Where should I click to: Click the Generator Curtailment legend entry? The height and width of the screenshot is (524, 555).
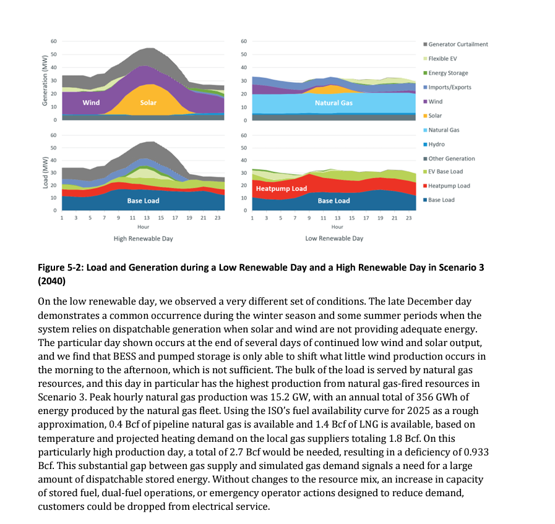point(458,44)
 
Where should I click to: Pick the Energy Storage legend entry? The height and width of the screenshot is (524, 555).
point(448,73)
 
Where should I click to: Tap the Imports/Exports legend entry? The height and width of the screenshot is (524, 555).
point(449,87)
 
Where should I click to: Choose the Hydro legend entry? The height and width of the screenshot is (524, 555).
point(437,144)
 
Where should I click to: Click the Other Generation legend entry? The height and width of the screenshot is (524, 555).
point(451,159)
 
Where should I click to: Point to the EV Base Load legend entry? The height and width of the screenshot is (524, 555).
point(445,172)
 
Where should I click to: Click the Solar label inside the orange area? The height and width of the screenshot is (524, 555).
point(148,103)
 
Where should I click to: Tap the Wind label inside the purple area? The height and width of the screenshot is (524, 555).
point(91,103)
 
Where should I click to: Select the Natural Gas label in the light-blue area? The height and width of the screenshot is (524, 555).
point(333,103)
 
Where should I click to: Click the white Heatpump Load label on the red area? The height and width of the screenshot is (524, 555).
point(282,188)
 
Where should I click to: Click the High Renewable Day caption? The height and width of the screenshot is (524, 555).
point(143,238)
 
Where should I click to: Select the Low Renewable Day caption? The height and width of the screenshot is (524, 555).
point(334,238)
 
